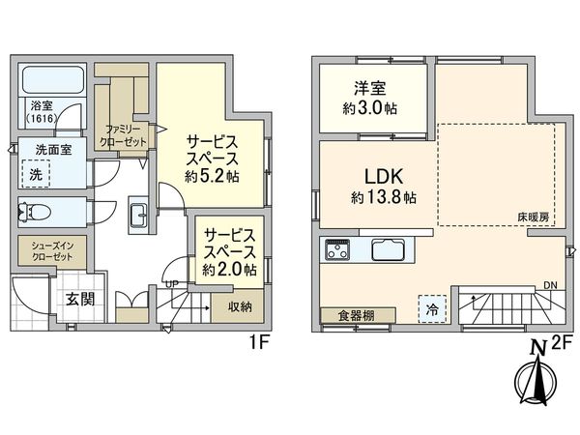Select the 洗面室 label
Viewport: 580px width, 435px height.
(54, 150)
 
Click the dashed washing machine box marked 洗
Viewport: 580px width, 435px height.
(36, 175)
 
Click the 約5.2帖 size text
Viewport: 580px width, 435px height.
(212, 177)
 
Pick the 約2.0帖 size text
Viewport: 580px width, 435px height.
(229, 270)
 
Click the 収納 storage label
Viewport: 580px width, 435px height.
(241, 307)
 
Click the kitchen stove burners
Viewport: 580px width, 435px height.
(338, 248)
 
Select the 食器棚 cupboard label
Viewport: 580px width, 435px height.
(349, 316)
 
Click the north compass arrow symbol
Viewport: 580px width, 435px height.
(530, 383)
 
